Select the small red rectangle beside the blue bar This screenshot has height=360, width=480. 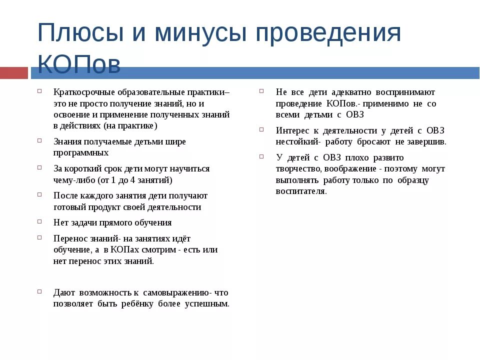click(13, 73)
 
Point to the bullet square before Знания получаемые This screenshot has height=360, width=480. click(39, 140)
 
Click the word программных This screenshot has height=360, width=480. click(81, 152)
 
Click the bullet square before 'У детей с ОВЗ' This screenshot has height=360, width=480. click(261, 156)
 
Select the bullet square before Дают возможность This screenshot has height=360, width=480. click(39, 291)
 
